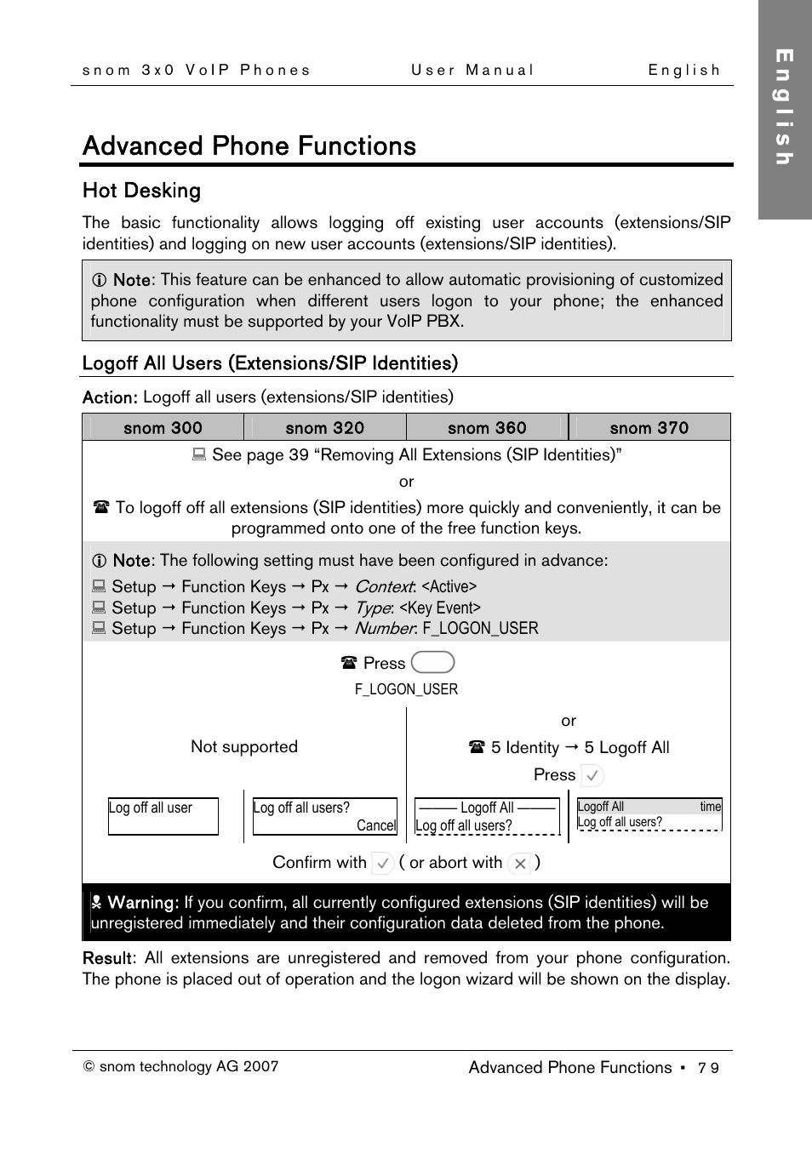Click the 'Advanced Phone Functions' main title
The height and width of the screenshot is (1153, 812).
pos(249,146)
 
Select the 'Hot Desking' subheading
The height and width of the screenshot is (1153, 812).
pos(141,191)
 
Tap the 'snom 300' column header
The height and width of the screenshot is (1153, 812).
pos(163,428)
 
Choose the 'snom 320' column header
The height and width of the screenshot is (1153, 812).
pos(324,428)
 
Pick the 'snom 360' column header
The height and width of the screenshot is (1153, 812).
pos(487,428)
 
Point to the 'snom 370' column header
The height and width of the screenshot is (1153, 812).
pos(649,428)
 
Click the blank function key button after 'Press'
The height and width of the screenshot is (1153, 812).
pos(432,662)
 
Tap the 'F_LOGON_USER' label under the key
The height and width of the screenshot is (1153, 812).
pos(406,689)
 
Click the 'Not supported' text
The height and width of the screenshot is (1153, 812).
pos(244,746)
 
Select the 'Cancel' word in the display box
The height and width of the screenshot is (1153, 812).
pos(376,825)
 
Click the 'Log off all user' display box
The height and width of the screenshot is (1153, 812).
pos(163,816)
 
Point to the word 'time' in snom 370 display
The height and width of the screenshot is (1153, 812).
pos(710,807)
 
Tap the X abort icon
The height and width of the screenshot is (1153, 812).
pos(520,863)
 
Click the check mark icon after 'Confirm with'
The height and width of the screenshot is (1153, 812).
pos(383,863)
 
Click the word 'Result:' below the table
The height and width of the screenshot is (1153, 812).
pos(109,958)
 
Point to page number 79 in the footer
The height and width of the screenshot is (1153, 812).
pos(708,1068)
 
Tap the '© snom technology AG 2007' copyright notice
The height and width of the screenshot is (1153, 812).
pos(180,1066)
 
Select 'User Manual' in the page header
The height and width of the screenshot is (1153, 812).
pos(472,71)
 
